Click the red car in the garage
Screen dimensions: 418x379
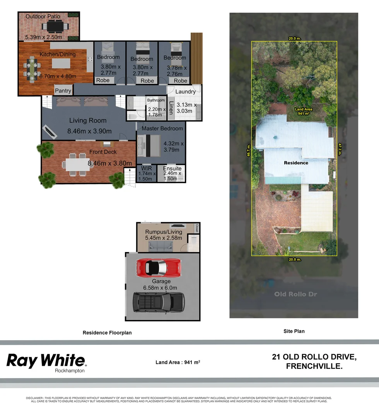click(158, 267)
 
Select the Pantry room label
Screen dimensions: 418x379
click(63, 91)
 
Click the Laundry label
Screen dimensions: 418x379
click(185, 92)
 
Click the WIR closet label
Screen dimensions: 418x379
click(147, 169)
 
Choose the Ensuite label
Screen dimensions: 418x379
click(172, 169)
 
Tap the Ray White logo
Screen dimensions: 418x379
click(46, 361)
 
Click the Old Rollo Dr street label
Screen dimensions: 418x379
click(295, 294)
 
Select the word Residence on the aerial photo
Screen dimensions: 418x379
click(296, 163)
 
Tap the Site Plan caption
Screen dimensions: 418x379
click(294, 331)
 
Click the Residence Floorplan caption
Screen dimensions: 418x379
click(107, 332)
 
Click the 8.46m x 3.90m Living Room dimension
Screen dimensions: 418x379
click(89, 131)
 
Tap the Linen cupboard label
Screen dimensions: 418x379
click(171, 107)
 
